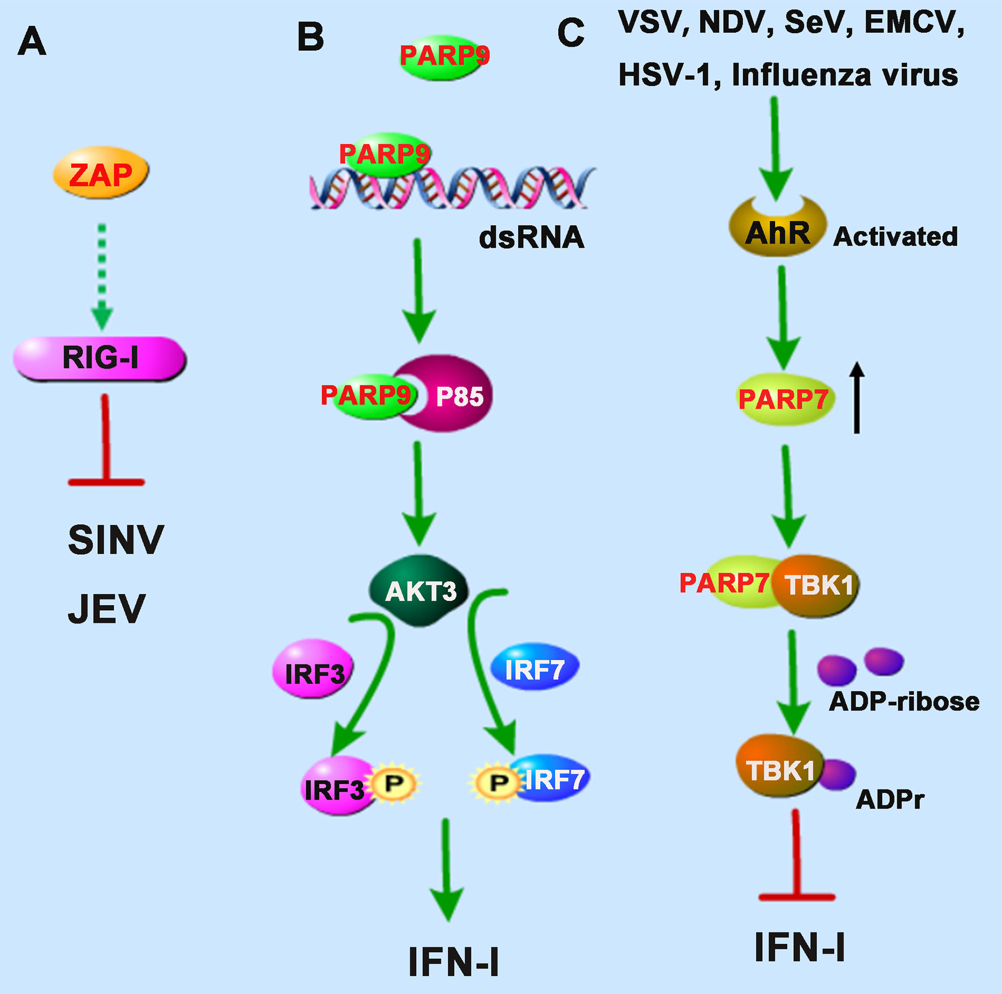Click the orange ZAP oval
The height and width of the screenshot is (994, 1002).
[101, 173]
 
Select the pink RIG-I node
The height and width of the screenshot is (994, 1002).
[100, 358]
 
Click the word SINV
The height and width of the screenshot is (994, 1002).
[116, 540]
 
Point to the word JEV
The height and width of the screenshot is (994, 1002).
[106, 609]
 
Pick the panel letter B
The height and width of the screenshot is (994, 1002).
[310, 37]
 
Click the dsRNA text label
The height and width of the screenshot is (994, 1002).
[531, 237]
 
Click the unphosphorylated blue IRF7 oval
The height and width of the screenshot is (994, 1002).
[534, 669]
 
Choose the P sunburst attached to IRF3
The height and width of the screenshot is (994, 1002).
[394, 784]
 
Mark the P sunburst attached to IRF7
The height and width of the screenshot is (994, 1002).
[498, 784]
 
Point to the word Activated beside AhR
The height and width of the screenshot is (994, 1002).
[895, 237]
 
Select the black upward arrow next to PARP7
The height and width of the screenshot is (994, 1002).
[857, 397]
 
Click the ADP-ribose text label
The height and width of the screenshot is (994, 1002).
[904, 702]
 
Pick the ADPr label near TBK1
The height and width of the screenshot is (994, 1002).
[889, 799]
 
